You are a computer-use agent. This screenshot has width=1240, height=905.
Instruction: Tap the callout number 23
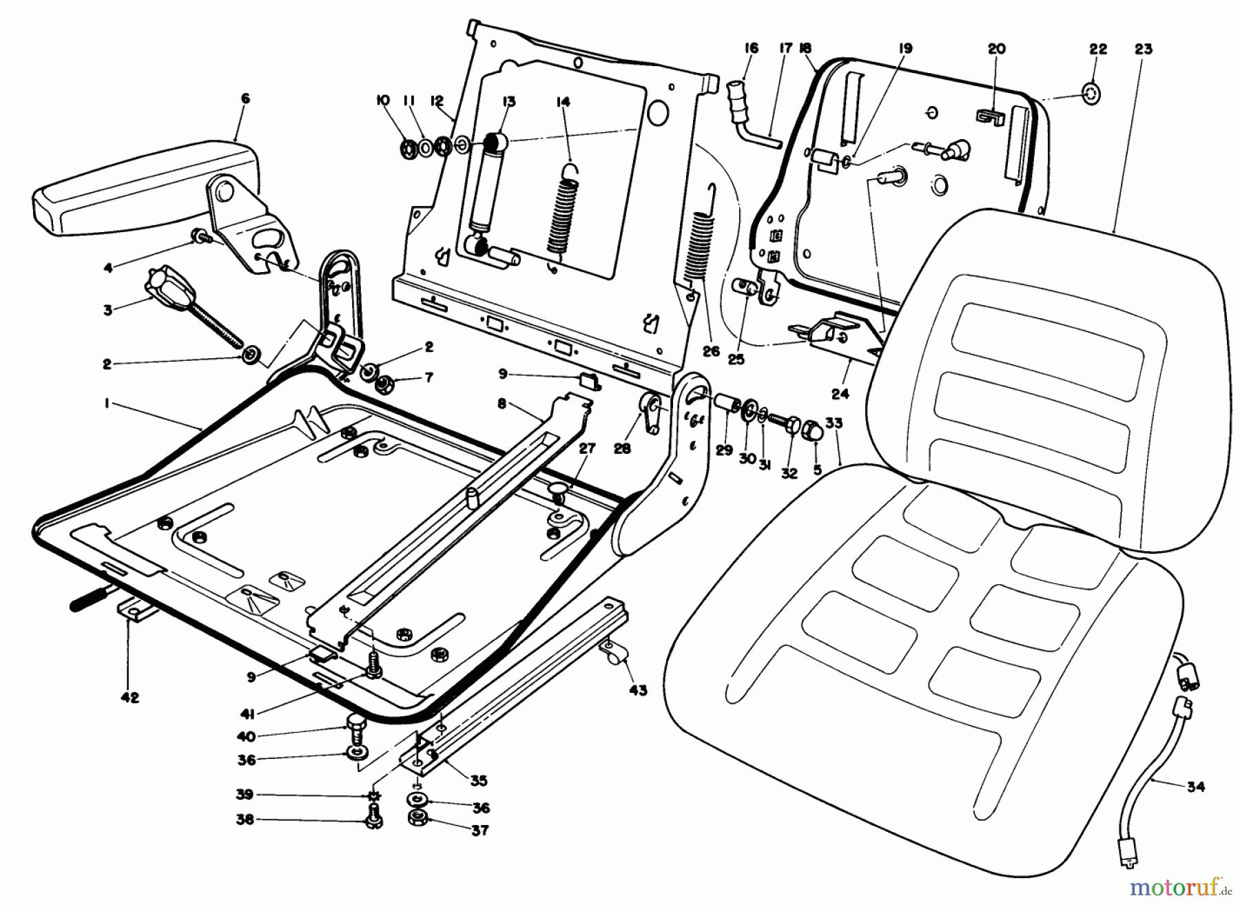[1143, 49]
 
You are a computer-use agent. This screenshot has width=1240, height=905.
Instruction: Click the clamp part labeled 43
[612, 649]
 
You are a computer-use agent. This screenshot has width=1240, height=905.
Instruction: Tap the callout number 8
[502, 404]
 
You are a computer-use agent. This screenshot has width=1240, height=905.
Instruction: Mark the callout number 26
[711, 351]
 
